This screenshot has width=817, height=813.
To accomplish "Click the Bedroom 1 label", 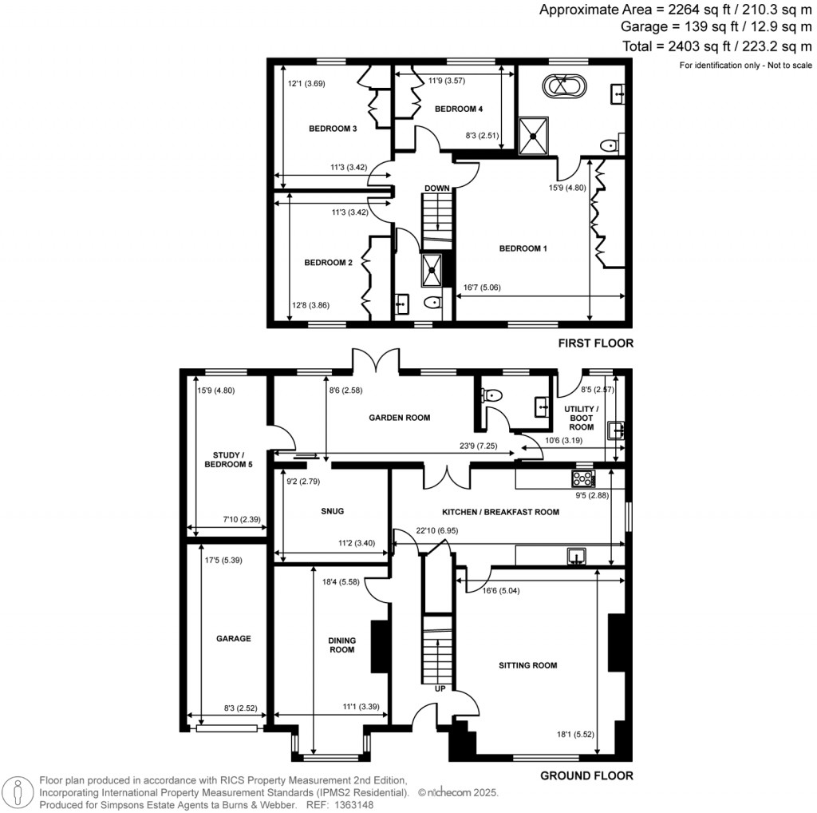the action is (x=523, y=248).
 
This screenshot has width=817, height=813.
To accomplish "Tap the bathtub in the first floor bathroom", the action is (x=564, y=86).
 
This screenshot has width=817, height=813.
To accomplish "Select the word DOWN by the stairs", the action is (x=436, y=188).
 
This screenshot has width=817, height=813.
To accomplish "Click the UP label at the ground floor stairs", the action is (x=440, y=689).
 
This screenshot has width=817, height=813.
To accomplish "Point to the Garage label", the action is (x=234, y=638).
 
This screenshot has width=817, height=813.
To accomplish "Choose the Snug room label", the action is (x=333, y=511).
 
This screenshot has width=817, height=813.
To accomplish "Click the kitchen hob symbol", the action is (x=583, y=478).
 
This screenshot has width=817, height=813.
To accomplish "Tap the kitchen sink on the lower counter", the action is (x=577, y=557).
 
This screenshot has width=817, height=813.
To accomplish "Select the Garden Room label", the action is (x=400, y=417).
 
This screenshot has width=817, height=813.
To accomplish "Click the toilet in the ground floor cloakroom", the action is (x=491, y=395).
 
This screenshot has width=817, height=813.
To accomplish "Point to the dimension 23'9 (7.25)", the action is (x=479, y=446).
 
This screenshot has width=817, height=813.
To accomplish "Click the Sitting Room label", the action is (x=528, y=665).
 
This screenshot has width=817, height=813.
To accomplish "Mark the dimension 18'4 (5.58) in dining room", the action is (x=341, y=582).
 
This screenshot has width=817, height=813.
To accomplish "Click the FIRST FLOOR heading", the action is (x=595, y=343).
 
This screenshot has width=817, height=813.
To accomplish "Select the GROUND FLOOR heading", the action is (x=586, y=775).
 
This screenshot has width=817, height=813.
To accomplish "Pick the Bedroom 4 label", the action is (x=459, y=109).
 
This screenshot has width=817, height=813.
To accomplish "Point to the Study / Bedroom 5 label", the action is (x=228, y=459).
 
